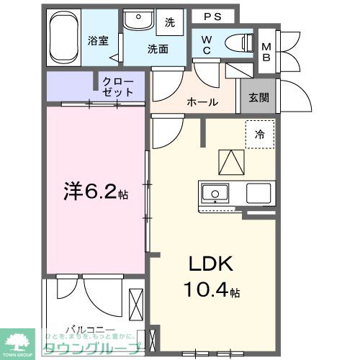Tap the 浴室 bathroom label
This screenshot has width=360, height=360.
99,40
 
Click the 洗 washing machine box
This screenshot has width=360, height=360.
170,22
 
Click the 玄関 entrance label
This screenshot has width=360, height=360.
260,98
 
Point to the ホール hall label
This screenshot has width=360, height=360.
202,102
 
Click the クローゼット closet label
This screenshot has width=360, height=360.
118,87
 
